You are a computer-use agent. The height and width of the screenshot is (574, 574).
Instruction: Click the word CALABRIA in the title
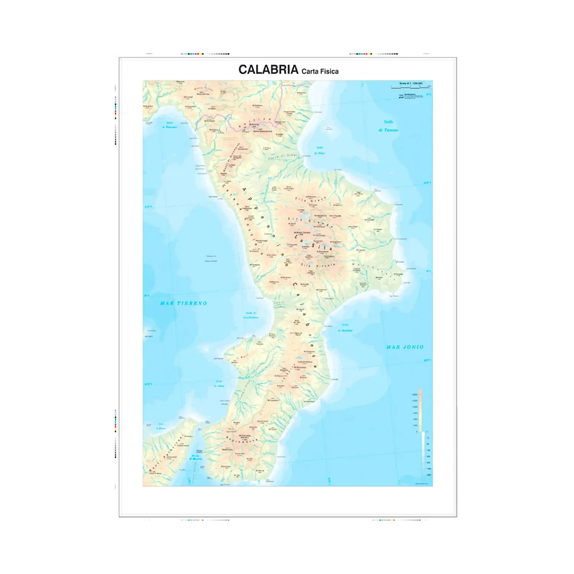pos(268,70)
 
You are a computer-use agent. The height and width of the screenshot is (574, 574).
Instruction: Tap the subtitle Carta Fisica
pos(320,71)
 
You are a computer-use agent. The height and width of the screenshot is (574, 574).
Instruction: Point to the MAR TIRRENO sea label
pos(183,303)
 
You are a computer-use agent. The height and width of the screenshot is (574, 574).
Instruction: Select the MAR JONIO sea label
pos(405,347)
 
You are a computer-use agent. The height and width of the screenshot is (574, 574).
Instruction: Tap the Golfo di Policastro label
pos(170,125)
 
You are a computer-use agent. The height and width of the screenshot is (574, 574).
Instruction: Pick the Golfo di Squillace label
pos(345,328)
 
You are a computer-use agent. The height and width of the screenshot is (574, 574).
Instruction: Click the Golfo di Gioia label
pos(219,383)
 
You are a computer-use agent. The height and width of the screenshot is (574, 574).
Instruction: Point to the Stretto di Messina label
pos(196,457)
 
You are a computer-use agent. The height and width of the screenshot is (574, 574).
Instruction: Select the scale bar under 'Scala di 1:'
pos(410,88)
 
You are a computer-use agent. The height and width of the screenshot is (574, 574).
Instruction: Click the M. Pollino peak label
pos(254,124)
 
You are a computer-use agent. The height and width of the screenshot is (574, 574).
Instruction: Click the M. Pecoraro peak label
pos(300,367)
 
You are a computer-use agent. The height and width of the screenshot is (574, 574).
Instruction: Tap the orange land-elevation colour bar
pos(420,409)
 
